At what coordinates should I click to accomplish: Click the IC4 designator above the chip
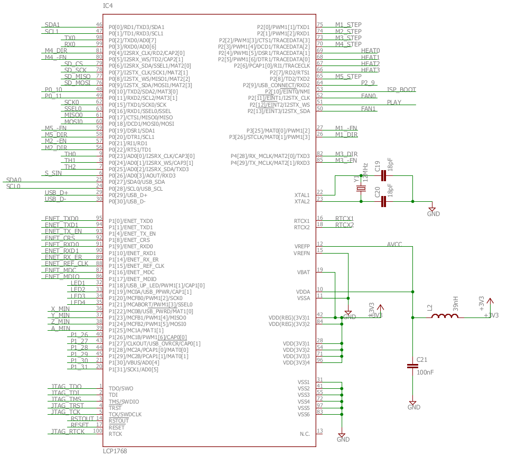point(108,6)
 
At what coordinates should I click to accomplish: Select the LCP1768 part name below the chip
point(115,452)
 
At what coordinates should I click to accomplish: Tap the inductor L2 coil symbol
point(445,316)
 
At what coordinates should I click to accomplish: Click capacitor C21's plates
point(413,366)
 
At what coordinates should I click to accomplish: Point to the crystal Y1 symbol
point(361,189)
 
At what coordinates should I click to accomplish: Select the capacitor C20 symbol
point(383,201)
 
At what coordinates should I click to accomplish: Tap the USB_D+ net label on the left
point(56,192)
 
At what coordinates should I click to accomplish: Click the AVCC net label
point(394,245)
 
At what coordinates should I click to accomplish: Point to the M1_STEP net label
point(348,25)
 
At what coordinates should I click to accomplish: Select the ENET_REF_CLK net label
point(67,263)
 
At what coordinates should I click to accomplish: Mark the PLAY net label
point(394,102)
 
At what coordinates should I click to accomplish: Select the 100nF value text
point(425,373)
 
